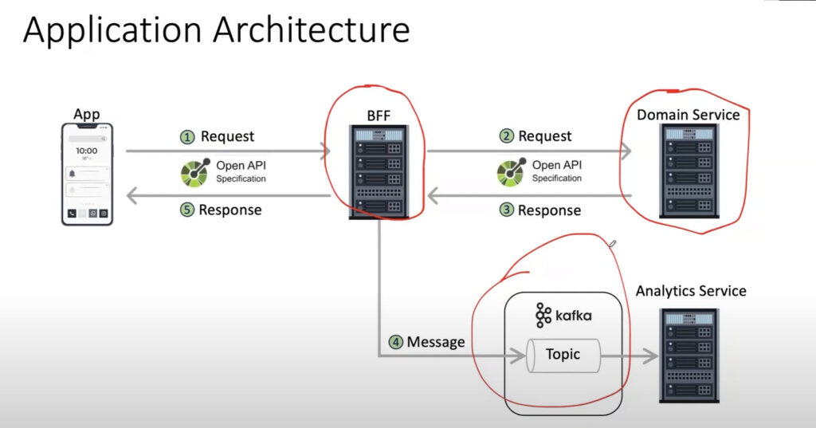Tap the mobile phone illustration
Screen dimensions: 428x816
[87, 174]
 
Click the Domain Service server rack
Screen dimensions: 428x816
[688, 171]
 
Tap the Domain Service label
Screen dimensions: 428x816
[688, 115]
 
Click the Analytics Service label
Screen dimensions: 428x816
[691, 291]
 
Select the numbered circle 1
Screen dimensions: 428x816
[187, 137]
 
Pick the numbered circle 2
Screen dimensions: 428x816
[506, 136]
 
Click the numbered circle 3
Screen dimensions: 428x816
[505, 210]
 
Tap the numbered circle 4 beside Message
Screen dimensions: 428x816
[395, 342]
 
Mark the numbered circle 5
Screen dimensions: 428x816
[186, 210]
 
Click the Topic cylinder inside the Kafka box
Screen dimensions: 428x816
[563, 355]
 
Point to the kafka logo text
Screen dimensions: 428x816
[563, 315]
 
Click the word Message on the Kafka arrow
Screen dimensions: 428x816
[436, 342]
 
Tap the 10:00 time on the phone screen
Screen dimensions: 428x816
[86, 151]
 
